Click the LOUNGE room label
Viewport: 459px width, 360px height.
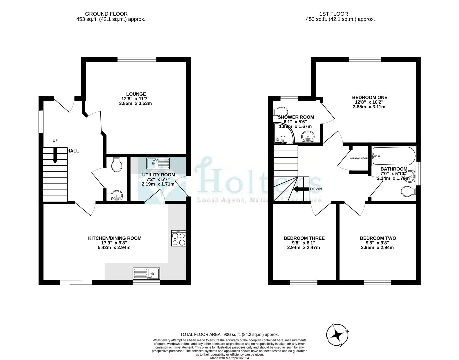pyautogui.click(x=136, y=94)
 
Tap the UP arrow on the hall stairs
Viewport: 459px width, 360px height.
pyautogui.click(x=55, y=155)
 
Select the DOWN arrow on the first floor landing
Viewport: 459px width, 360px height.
pyautogui.click(x=301, y=189)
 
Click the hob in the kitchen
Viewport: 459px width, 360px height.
pyautogui.click(x=178, y=239)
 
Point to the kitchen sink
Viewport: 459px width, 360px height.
pyautogui.click(x=146, y=274)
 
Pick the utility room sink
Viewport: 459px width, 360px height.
pyautogui.click(x=158, y=163)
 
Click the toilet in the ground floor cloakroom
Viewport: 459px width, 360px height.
pyautogui.click(x=117, y=164)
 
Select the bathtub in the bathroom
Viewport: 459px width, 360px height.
pyautogui.click(x=393, y=155)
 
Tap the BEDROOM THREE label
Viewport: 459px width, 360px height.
pyautogui.click(x=304, y=238)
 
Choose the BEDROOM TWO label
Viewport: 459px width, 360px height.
pyautogui.click(x=378, y=238)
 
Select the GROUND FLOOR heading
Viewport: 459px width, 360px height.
pyautogui.click(x=106, y=14)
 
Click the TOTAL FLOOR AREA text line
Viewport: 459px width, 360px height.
pyautogui.click(x=229, y=334)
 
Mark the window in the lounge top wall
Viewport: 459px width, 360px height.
pyautogui.click(x=137, y=60)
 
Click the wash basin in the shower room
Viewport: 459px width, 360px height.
pyautogui.click(x=309, y=136)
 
